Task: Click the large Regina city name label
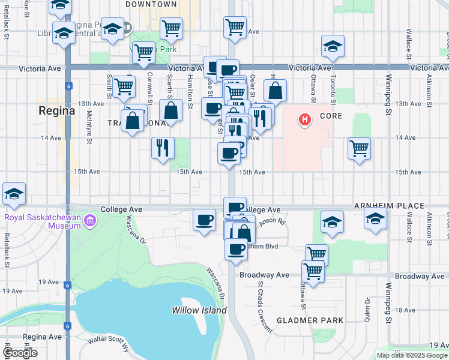pos(56,111)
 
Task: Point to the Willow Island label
pos(199,310)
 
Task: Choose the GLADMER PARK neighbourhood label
pos(310,320)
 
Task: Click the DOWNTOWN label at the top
pos(151,4)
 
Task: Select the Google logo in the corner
pos(20,353)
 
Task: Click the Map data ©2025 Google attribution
pos(411,355)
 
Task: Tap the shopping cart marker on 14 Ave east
pos(359,148)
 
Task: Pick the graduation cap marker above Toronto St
pos(333,46)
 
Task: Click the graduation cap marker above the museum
pos(14,193)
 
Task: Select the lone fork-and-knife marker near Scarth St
pos(163,147)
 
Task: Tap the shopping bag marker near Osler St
pos(275,91)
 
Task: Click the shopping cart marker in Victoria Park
pos(143,52)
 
